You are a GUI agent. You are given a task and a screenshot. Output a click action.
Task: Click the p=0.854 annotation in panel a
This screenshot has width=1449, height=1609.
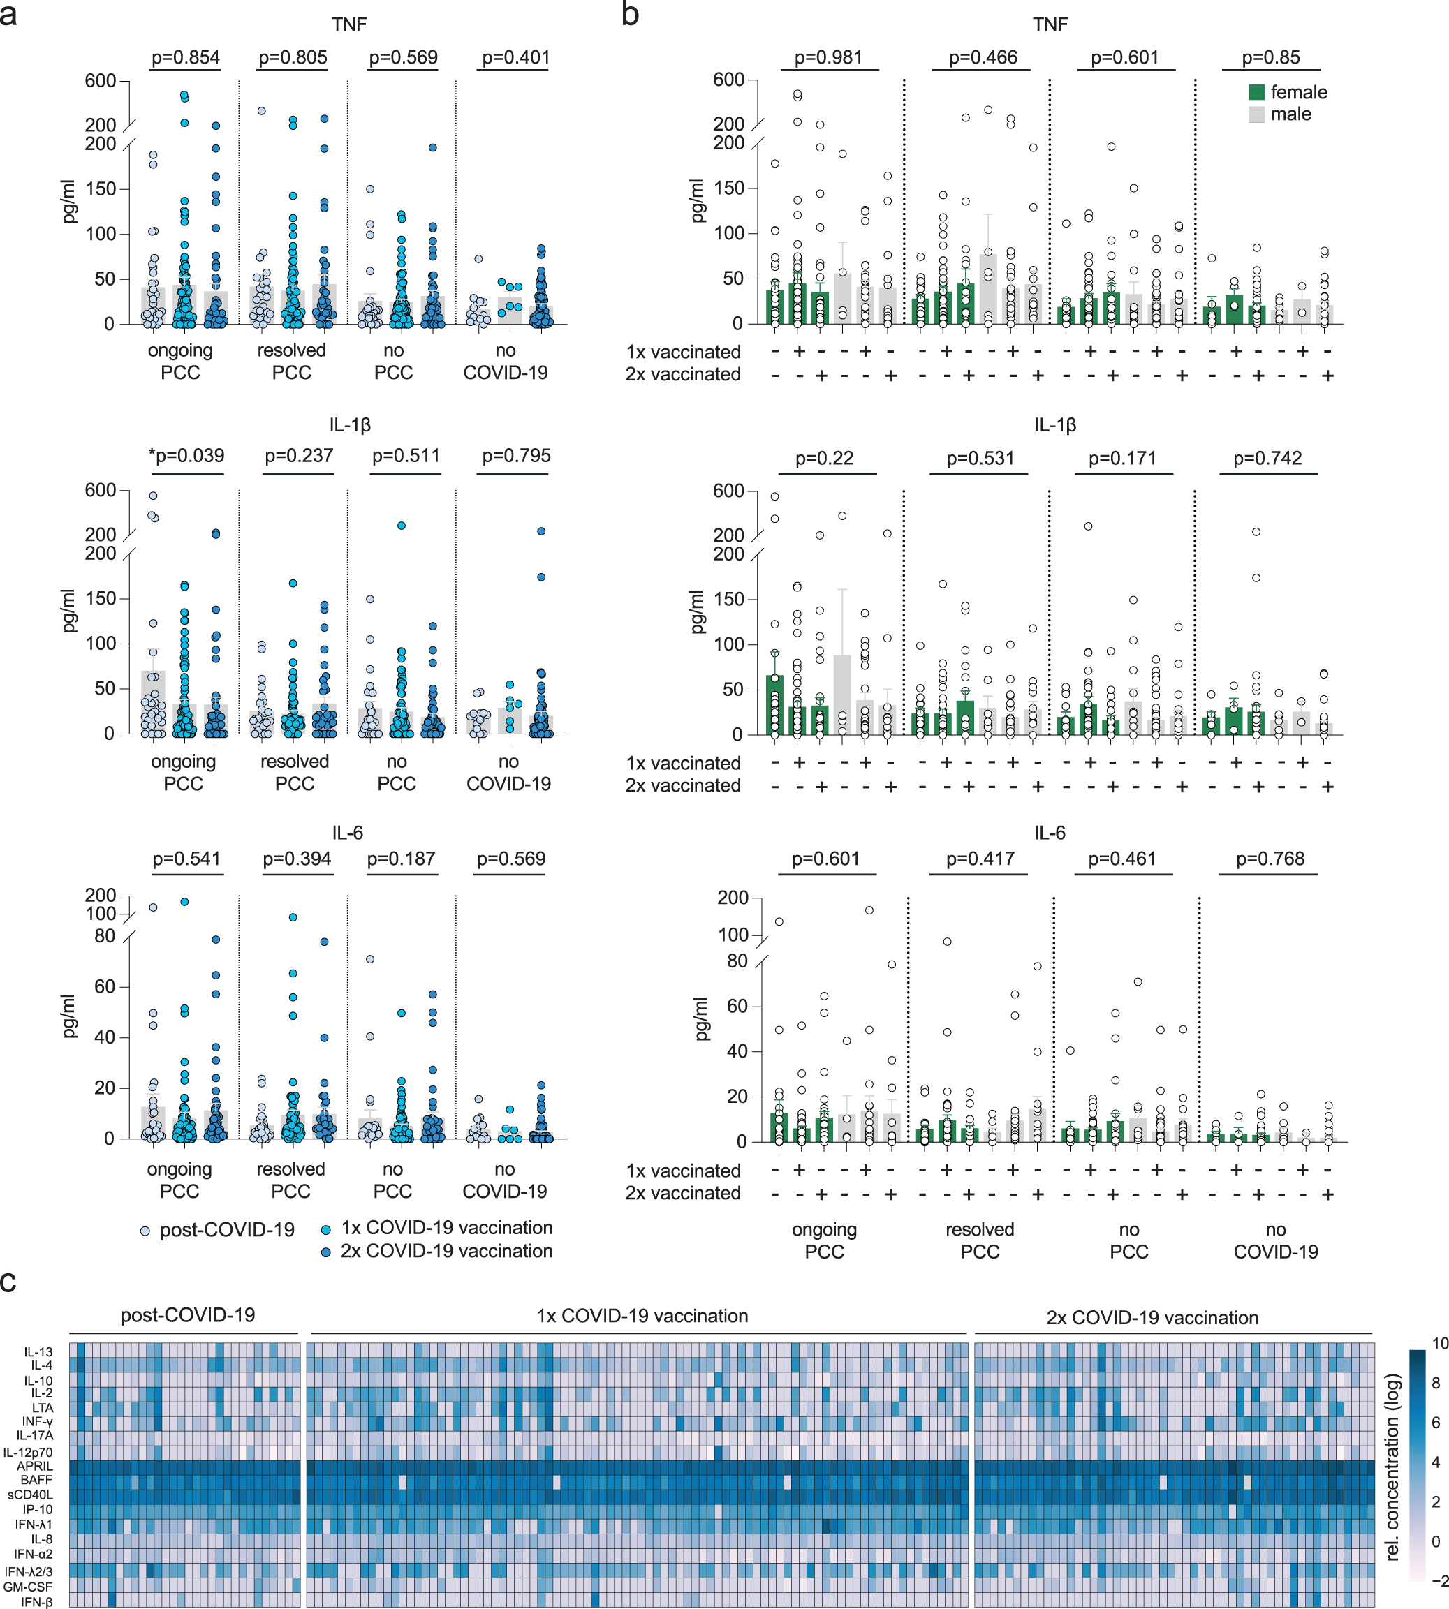pyautogui.click(x=186, y=57)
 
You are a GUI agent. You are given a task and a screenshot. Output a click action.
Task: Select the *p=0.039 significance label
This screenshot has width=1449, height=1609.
pyautogui.click(x=186, y=456)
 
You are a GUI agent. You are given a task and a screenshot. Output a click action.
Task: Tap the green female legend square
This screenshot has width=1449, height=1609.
pyautogui.click(x=1257, y=92)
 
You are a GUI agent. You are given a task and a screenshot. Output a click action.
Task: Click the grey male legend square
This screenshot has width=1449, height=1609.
pyautogui.click(x=1257, y=114)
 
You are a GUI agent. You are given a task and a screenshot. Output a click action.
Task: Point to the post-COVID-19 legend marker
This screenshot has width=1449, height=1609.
pyautogui.click(x=145, y=1231)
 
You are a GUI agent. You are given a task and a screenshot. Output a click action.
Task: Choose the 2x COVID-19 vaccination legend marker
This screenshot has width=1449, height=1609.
pyautogui.click(x=325, y=1252)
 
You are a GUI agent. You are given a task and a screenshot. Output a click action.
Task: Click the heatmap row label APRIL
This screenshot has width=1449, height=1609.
pyautogui.click(x=35, y=1466)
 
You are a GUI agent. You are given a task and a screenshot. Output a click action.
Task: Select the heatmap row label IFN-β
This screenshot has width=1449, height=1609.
pyautogui.click(x=36, y=1602)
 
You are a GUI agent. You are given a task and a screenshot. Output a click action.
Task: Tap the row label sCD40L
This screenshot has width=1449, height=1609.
pyautogui.click(x=30, y=1495)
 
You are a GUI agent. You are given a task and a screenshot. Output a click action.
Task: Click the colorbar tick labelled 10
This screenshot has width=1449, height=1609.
pyautogui.click(x=1439, y=1344)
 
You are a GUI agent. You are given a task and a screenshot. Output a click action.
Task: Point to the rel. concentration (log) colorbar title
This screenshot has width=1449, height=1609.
pyautogui.click(x=1392, y=1467)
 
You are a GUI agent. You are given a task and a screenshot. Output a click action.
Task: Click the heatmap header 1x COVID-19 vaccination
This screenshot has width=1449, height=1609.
pyautogui.click(x=642, y=1316)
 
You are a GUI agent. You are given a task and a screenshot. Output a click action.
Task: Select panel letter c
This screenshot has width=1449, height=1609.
pyautogui.click(x=9, y=1281)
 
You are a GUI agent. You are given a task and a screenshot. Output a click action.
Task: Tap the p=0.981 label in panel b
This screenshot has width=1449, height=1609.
pyautogui.click(x=828, y=57)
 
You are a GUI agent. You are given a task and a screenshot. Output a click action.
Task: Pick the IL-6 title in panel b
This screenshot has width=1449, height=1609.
pyautogui.click(x=1050, y=833)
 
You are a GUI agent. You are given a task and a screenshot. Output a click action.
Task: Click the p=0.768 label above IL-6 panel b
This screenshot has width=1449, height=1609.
pyautogui.click(x=1270, y=859)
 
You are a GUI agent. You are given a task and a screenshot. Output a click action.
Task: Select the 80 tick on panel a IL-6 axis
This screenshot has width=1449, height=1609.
pyautogui.click(x=105, y=936)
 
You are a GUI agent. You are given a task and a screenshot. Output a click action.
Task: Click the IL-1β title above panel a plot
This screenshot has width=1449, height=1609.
pyautogui.click(x=350, y=425)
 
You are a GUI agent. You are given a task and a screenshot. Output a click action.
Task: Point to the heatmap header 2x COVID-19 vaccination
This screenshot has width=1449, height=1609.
pyautogui.click(x=1152, y=1318)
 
